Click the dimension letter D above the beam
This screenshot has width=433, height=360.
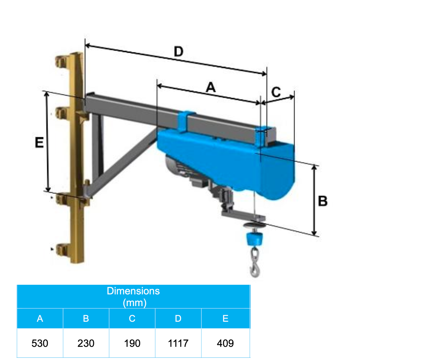178,52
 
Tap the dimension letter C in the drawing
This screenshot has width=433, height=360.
276,91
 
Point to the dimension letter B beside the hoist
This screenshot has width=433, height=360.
322,201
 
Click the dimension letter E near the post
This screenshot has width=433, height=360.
39,142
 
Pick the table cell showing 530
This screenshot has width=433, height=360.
40,343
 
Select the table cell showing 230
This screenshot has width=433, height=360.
86,343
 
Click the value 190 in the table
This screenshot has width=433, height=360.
132,343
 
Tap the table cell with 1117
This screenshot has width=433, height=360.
178,343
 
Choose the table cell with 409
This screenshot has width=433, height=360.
226,343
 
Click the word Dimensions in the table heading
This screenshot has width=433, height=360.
133,291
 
